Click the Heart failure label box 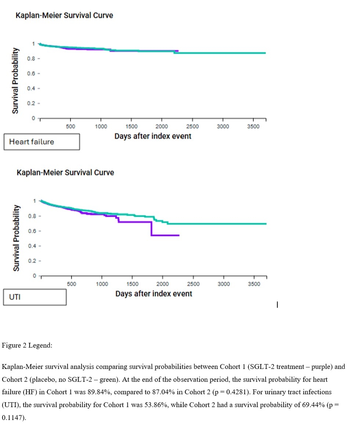pyautogui.click(x=42, y=142)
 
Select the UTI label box pyautogui.click(x=35, y=297)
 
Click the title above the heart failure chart pyautogui.click(x=64, y=15)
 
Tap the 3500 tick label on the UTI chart pyautogui.click(x=254, y=284)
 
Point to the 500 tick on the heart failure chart pyautogui.click(x=71, y=126)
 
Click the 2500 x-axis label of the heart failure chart pyautogui.click(x=192, y=126)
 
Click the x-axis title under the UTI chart pyautogui.click(x=154, y=294)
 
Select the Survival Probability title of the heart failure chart pyautogui.click(x=15, y=80)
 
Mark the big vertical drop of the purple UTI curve pyautogui.click(x=151, y=228)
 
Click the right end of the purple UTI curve pyautogui.click(x=179, y=235)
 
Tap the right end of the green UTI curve pyautogui.click(x=266, y=224)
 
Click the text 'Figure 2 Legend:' pyautogui.click(x=27, y=346)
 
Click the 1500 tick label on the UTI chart pyautogui.click(x=132, y=284)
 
